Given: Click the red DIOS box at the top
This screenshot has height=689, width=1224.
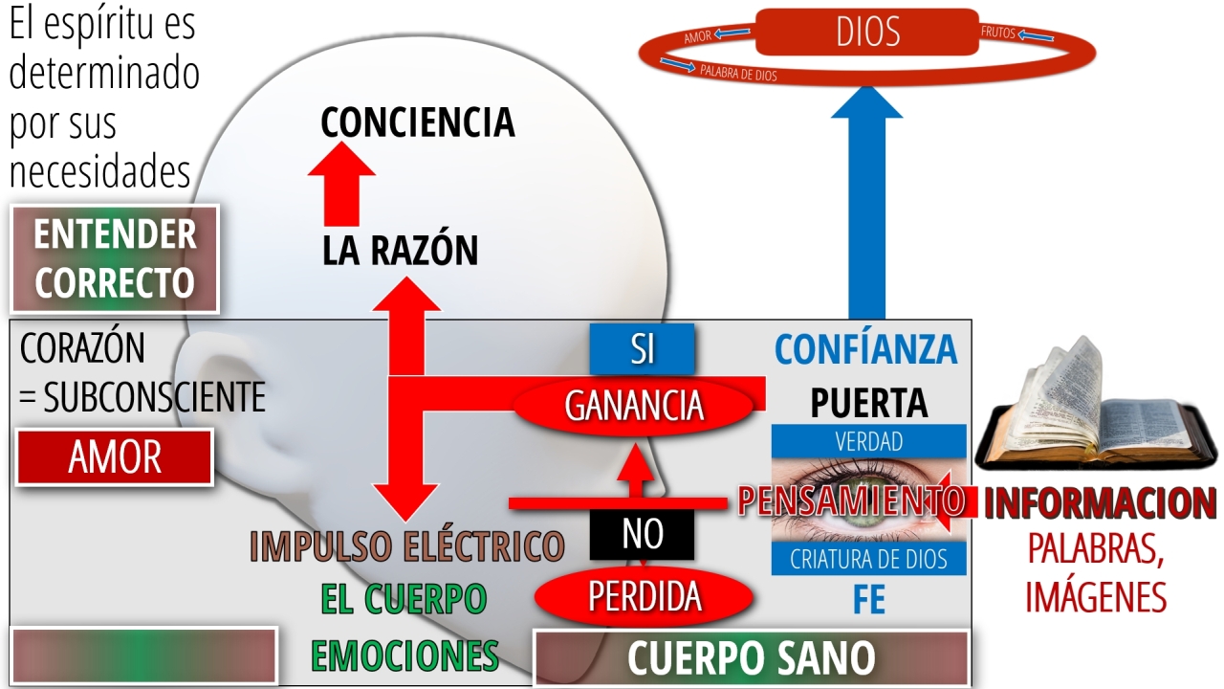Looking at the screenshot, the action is point(867,32).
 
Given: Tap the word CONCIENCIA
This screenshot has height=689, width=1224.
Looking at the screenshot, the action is point(418,122).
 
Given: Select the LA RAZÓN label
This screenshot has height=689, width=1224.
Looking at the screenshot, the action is point(400,250).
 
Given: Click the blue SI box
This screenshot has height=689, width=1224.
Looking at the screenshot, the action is point(642,349).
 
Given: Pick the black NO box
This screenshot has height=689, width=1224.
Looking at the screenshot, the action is point(642,534).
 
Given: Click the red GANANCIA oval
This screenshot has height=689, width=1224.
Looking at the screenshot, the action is point(634,406).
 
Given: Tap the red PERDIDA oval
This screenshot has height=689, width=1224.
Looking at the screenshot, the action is point(645,596).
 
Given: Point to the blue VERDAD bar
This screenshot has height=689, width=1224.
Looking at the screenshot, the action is point(869,441).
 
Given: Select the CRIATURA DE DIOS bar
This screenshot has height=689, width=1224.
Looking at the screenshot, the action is point(869,559).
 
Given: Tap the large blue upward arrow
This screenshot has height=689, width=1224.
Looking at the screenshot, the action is point(867,202).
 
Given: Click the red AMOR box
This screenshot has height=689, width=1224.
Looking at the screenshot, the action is point(115,457).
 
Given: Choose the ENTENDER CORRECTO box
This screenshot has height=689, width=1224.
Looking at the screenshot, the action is point(115,258).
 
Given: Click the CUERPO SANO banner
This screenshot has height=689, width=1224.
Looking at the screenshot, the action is point(752,657).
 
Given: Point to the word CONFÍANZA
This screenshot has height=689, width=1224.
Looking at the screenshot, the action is point(866,349).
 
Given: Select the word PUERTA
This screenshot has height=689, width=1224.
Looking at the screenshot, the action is point(869,403).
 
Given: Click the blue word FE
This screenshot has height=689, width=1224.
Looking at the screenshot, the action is point(869,599).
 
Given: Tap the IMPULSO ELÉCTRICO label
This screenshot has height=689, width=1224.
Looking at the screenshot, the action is point(407,545).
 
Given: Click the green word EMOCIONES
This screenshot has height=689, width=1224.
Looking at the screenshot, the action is point(404,656).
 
